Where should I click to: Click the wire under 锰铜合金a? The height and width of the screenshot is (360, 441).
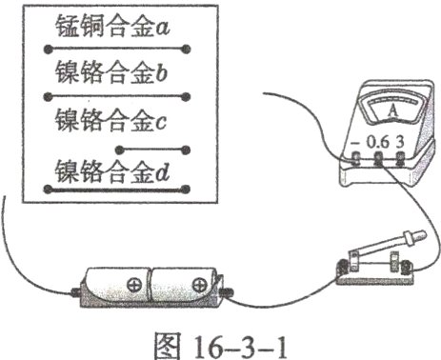click(119, 48)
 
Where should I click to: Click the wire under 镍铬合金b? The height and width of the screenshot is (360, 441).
click(119, 95)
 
